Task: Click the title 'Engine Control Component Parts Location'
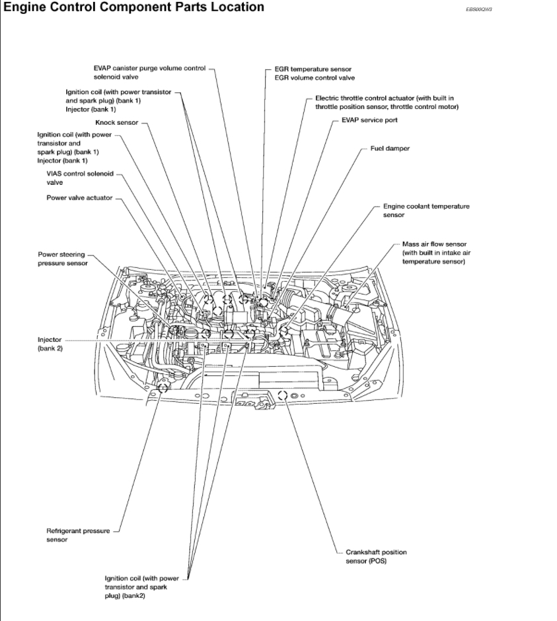(134, 7)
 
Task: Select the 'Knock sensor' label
(116, 123)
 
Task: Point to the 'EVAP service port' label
(369, 120)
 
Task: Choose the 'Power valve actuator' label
(79, 197)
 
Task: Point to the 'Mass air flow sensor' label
(433, 244)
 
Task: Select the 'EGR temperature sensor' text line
(313, 69)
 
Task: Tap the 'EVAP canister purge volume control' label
(149, 69)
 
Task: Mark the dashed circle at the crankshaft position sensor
(282, 395)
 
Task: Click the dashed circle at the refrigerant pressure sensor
(162, 387)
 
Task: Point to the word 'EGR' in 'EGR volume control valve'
(282, 78)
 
